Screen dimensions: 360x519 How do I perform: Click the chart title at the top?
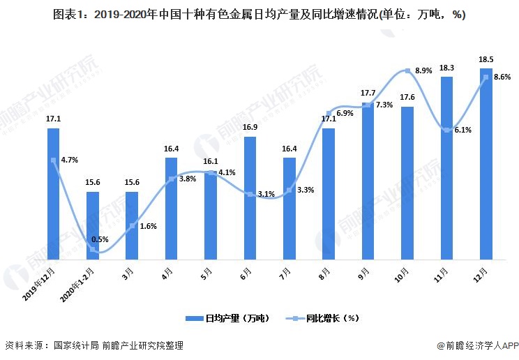(x=259, y=15)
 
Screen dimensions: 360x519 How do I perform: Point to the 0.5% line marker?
(x=93, y=249)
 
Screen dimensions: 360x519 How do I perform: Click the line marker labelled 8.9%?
(x=407, y=70)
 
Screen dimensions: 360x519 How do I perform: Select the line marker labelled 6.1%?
(x=447, y=130)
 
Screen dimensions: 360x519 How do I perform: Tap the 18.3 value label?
(x=447, y=68)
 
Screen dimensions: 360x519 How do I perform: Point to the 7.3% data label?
(x=384, y=105)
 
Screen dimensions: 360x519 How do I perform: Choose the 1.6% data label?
(x=149, y=226)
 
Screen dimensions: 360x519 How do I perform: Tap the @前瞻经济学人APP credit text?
(x=478, y=345)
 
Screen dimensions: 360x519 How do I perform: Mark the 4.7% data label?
(x=69, y=160)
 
